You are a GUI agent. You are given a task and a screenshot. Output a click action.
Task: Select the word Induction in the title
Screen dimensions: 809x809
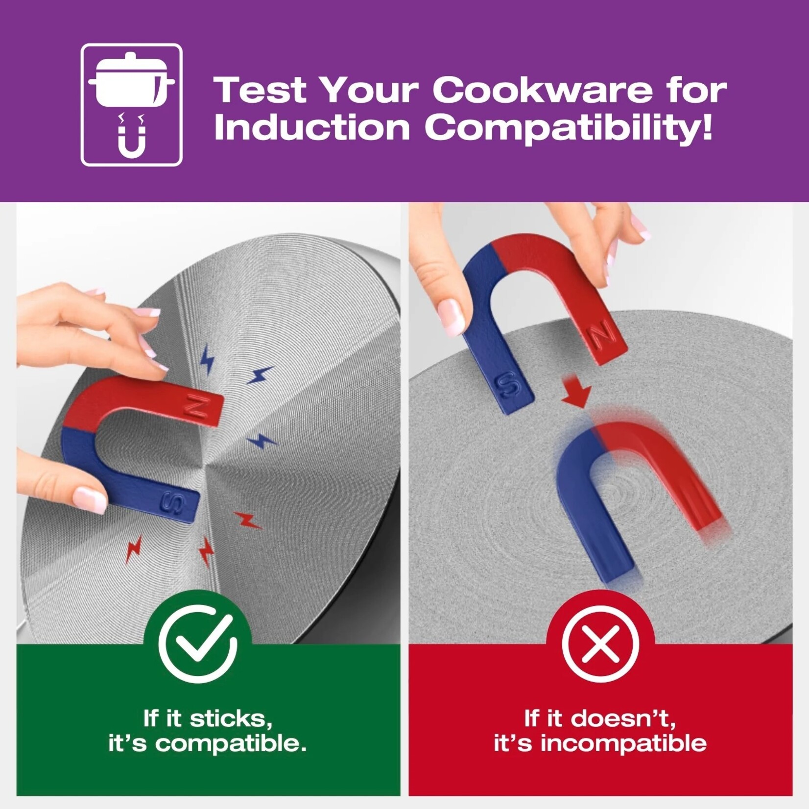312,128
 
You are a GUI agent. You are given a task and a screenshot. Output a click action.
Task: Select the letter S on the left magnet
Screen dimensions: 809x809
174,501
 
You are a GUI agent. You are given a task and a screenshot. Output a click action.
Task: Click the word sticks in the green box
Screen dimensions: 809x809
231,719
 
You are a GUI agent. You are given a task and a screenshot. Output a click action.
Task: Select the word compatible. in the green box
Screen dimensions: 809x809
231,743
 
